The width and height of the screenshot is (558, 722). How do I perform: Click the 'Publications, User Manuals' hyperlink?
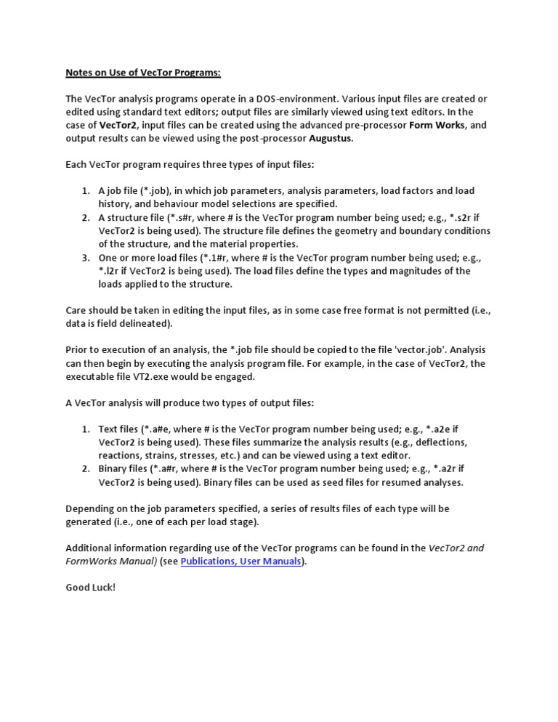tap(240, 561)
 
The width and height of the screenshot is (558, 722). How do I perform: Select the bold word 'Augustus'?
tap(331, 138)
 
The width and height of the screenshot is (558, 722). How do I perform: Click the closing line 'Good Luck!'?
tap(91, 587)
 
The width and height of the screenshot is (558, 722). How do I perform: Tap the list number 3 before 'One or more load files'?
tap(85, 258)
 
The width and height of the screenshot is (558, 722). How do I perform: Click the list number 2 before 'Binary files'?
tap(85, 469)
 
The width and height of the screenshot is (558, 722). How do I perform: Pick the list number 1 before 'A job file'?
tap(85, 191)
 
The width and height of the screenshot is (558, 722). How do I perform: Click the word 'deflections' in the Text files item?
tap(442, 442)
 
